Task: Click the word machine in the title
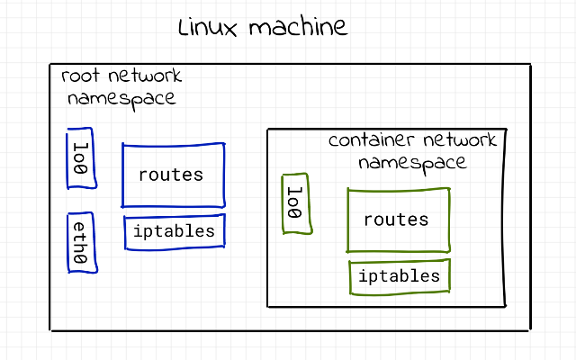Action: pos(297,28)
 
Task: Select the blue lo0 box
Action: pos(81,160)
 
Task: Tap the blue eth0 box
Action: pos(81,243)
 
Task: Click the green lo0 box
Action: pos(295,203)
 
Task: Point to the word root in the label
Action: pos(79,77)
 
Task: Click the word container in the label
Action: pos(366,141)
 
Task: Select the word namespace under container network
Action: pos(412,163)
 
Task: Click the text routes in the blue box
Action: pos(171,175)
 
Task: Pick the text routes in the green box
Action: pos(396,220)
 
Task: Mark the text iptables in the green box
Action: pos(399,275)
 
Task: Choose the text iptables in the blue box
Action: pos(174,231)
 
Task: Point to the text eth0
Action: pos(80,243)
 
